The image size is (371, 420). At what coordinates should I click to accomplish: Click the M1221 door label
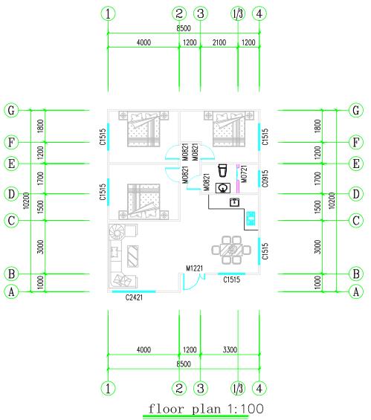click(x=194, y=268)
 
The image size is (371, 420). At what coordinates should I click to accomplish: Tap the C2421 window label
click(x=134, y=297)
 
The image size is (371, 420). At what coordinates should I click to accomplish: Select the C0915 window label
click(x=265, y=178)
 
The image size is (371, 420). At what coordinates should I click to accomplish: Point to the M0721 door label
click(x=244, y=174)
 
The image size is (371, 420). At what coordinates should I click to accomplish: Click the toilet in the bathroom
click(x=222, y=171)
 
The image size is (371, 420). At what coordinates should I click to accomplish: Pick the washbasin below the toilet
click(x=223, y=188)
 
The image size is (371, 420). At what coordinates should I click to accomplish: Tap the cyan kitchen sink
click(x=251, y=219)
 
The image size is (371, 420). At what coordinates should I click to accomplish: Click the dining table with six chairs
click(x=231, y=250)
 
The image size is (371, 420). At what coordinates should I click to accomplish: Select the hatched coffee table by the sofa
click(x=132, y=256)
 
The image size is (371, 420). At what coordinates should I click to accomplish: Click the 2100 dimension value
click(x=219, y=42)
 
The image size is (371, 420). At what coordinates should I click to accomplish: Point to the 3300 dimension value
click(x=230, y=349)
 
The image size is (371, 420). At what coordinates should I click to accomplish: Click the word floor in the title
click(x=166, y=409)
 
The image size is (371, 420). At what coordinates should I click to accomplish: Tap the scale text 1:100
click(x=245, y=409)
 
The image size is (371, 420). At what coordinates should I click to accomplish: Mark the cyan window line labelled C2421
click(x=134, y=291)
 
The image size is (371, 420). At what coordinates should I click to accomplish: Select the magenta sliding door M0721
click(x=237, y=179)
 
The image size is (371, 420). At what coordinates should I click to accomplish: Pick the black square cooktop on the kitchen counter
click(x=235, y=202)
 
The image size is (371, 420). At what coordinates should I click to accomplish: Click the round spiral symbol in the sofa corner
click(x=117, y=232)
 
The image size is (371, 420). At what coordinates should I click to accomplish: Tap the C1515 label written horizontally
click(x=232, y=280)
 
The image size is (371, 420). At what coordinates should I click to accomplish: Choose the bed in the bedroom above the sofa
click(x=143, y=201)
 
